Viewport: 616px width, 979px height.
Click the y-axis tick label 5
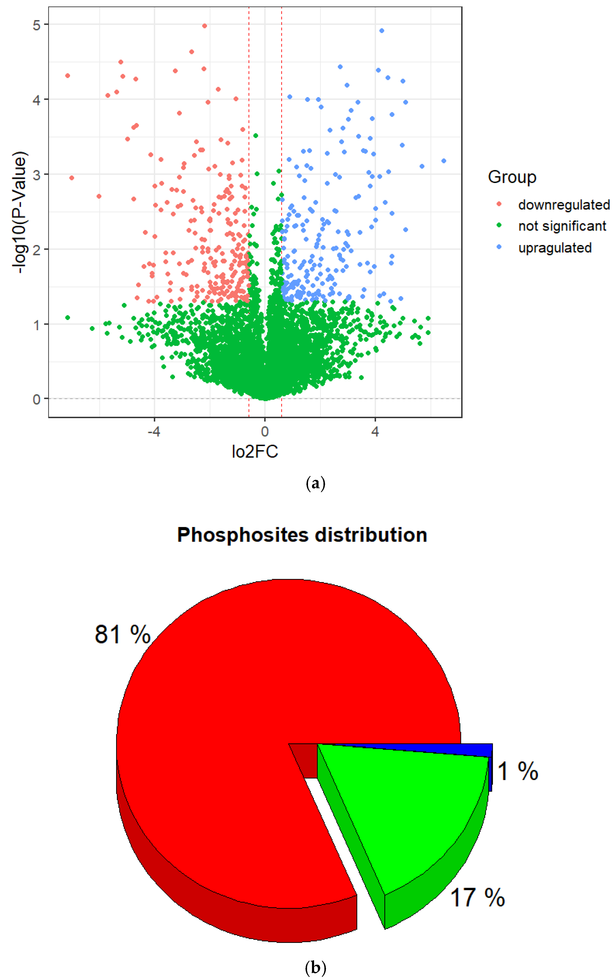point(37,25)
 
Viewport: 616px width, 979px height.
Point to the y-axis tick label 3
point(37,175)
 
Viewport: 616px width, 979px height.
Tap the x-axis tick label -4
point(154,431)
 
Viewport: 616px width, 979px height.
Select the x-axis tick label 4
point(375,431)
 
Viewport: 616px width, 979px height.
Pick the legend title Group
point(512,177)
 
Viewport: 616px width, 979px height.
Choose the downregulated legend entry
point(564,205)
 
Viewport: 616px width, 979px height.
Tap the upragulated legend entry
point(555,248)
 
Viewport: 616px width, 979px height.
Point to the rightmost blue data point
point(444,161)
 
